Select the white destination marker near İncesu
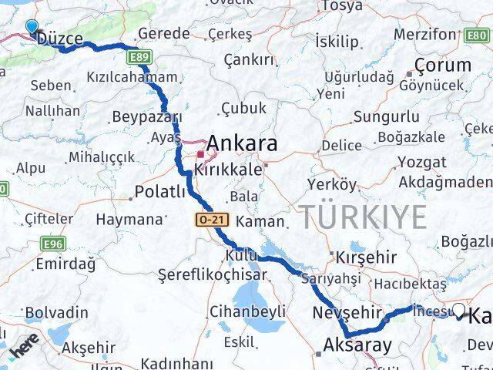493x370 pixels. pos(459,311)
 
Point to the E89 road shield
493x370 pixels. pos(139,58)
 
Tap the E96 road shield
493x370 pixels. pos(52,244)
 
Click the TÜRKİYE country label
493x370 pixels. pos(362,217)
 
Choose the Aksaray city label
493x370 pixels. pos(357,345)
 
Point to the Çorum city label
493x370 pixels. pos(442,65)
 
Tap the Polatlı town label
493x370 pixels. pos(160,191)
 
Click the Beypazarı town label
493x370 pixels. pos(146,117)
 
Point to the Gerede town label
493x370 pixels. pos(163,33)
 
